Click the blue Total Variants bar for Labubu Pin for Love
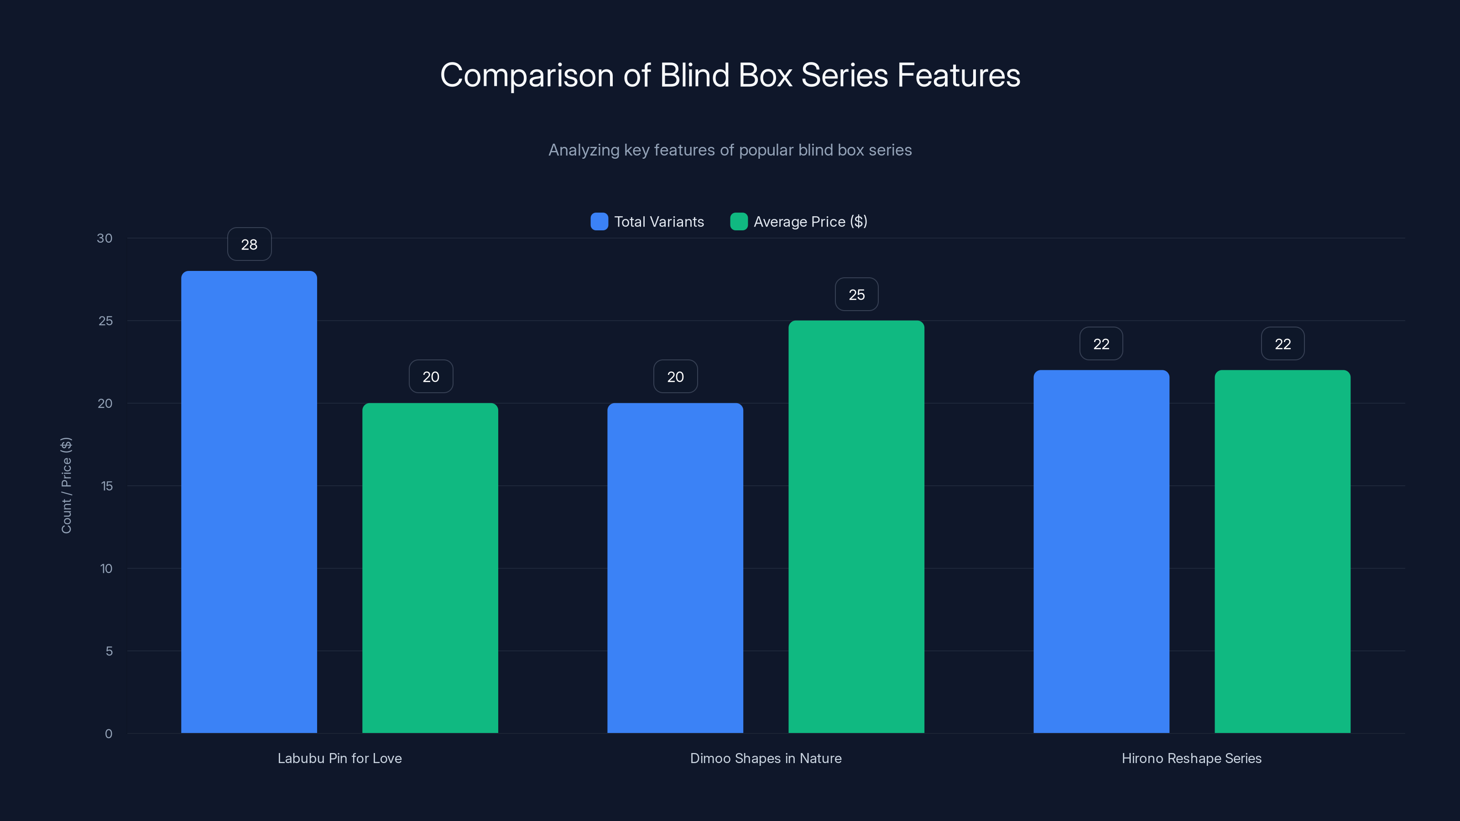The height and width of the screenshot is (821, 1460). (x=249, y=501)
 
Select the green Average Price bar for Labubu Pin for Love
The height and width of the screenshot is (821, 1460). (x=430, y=568)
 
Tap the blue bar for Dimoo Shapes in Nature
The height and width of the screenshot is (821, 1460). (x=675, y=568)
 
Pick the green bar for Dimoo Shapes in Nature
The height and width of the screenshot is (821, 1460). (x=856, y=526)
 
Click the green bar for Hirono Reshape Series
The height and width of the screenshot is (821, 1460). (x=1282, y=551)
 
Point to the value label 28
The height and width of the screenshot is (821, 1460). (x=250, y=244)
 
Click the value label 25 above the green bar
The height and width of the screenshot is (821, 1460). (x=856, y=294)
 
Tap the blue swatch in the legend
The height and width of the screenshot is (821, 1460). (x=599, y=222)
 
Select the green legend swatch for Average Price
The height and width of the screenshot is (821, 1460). (x=739, y=222)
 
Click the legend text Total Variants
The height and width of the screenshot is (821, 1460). (x=658, y=222)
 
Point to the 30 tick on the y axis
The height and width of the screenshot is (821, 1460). (x=105, y=238)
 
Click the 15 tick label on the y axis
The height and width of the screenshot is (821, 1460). (x=107, y=486)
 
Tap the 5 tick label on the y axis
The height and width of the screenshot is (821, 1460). (x=109, y=651)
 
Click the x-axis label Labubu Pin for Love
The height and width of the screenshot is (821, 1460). (x=339, y=758)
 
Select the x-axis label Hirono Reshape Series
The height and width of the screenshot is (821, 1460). (x=1191, y=758)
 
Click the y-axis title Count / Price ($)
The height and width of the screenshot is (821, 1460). (x=66, y=485)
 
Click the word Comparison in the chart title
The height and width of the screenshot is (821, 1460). (x=527, y=75)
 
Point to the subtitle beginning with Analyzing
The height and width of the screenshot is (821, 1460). (x=730, y=150)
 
